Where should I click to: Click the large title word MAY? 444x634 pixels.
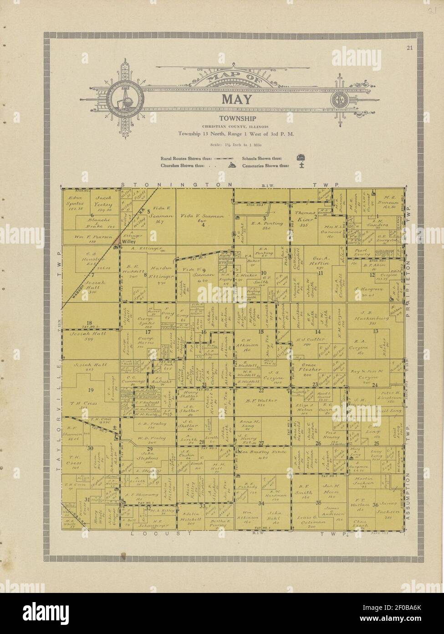click(236, 99)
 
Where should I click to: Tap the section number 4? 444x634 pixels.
click(203, 225)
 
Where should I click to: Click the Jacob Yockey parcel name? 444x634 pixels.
click(104, 201)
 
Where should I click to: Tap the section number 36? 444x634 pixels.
click(375, 504)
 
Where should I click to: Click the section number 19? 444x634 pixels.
click(91, 389)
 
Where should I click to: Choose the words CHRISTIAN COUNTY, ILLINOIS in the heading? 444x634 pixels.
click(235, 126)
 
